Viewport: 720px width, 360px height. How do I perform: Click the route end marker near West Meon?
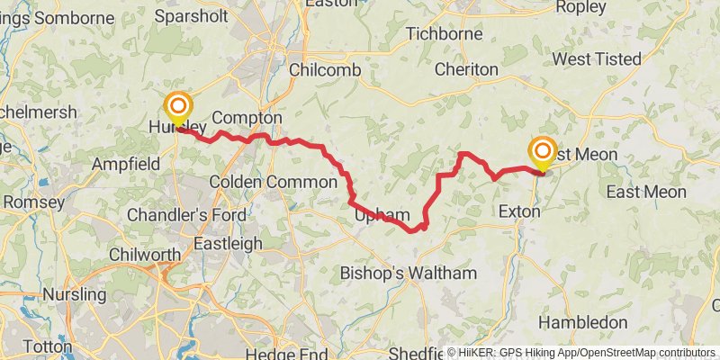coord(544,151)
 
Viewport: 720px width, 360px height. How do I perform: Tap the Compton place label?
coord(247,118)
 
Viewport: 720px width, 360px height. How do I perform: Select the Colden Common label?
coord(262,182)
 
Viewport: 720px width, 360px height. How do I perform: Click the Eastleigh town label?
coord(229,243)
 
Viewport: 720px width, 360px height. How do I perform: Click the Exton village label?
coord(519,212)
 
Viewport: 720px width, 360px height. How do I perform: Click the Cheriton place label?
coord(465,69)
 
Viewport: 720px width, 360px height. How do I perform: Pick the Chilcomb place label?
coord(325,70)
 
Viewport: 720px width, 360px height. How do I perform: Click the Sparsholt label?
coord(189,16)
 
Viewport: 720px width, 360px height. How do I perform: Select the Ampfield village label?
coord(126,164)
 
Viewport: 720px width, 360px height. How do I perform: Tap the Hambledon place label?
coord(582,322)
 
